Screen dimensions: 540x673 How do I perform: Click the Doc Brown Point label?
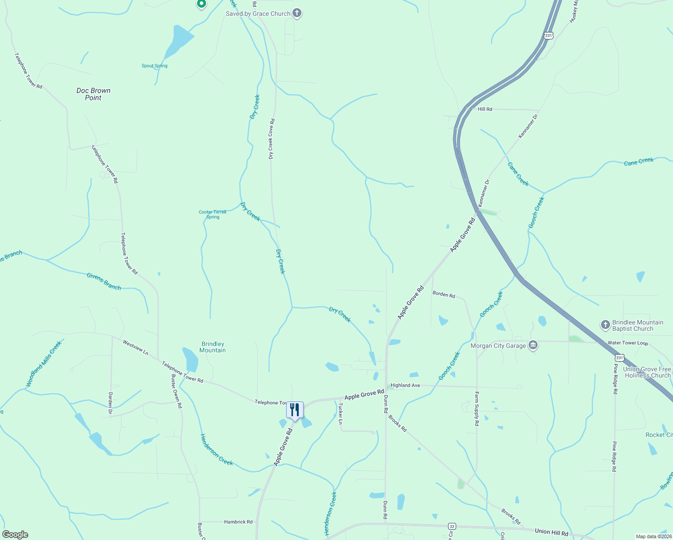(93, 94)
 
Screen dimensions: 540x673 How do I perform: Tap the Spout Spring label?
(154, 66)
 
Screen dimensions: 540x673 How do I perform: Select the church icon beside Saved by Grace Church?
(297, 13)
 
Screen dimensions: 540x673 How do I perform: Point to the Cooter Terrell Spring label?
(212, 214)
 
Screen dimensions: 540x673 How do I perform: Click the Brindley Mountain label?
(212, 347)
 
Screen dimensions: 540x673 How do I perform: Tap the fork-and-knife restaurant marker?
(295, 410)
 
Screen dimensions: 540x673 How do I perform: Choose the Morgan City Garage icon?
(533, 346)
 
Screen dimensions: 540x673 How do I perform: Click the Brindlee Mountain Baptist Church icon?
(606, 325)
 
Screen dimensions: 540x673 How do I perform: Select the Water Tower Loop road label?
(628, 343)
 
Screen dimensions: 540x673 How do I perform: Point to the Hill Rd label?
(485, 109)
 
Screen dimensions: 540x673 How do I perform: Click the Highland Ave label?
(405, 386)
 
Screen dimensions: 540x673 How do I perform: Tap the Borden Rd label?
(444, 294)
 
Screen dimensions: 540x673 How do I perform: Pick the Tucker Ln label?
(341, 413)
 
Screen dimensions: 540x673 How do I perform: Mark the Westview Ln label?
(135, 347)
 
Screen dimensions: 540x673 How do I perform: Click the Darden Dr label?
(110, 403)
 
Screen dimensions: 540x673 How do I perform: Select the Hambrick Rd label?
(238, 522)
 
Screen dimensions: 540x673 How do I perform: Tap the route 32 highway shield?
(452, 526)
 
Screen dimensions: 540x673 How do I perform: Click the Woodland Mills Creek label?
(44, 364)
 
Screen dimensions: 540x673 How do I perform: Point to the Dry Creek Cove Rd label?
(271, 139)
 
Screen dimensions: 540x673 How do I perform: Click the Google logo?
(15, 535)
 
